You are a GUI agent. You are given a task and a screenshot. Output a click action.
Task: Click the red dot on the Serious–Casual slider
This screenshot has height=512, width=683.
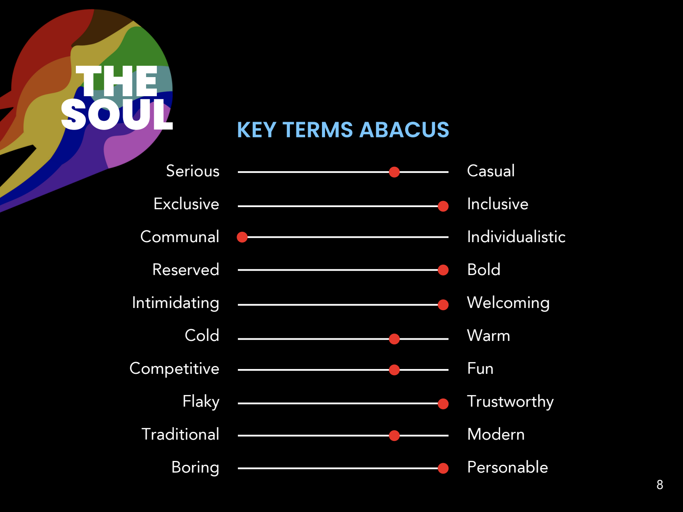(394, 172)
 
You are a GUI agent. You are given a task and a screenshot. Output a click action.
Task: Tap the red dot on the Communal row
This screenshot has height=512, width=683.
(242, 237)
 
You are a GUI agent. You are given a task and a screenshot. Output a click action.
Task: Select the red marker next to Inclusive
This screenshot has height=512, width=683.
(443, 206)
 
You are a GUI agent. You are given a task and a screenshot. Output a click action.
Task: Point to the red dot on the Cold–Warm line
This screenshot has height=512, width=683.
(394, 339)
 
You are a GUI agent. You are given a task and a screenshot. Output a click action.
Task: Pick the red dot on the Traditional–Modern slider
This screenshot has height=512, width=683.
(394, 435)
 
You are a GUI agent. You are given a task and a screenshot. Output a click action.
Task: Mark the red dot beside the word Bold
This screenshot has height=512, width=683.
(443, 270)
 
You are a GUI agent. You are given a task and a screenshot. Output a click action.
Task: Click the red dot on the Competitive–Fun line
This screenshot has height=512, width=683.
(394, 370)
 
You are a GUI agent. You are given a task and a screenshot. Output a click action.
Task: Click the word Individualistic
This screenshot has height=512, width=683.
(516, 237)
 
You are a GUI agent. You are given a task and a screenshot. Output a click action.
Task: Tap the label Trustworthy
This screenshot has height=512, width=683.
(511, 402)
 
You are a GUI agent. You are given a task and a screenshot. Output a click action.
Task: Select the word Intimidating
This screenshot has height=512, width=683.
(176, 303)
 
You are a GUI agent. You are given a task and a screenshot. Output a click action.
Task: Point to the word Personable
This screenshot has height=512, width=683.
(507, 467)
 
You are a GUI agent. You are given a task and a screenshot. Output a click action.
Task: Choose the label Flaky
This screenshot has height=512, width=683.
(201, 402)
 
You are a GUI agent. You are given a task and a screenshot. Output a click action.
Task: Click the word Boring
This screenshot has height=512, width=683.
(195, 467)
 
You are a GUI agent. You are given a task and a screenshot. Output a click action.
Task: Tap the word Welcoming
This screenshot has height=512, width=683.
(508, 303)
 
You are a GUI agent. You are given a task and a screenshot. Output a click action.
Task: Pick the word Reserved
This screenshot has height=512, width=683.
(185, 269)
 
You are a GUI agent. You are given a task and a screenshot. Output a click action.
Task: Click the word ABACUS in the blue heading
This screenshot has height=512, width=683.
(404, 130)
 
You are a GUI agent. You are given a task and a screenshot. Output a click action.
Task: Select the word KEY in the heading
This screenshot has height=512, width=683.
(257, 130)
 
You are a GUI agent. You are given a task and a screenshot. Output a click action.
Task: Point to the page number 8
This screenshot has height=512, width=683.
(660, 485)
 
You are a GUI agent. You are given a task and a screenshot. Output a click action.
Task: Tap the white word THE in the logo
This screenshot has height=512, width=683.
(117, 81)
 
